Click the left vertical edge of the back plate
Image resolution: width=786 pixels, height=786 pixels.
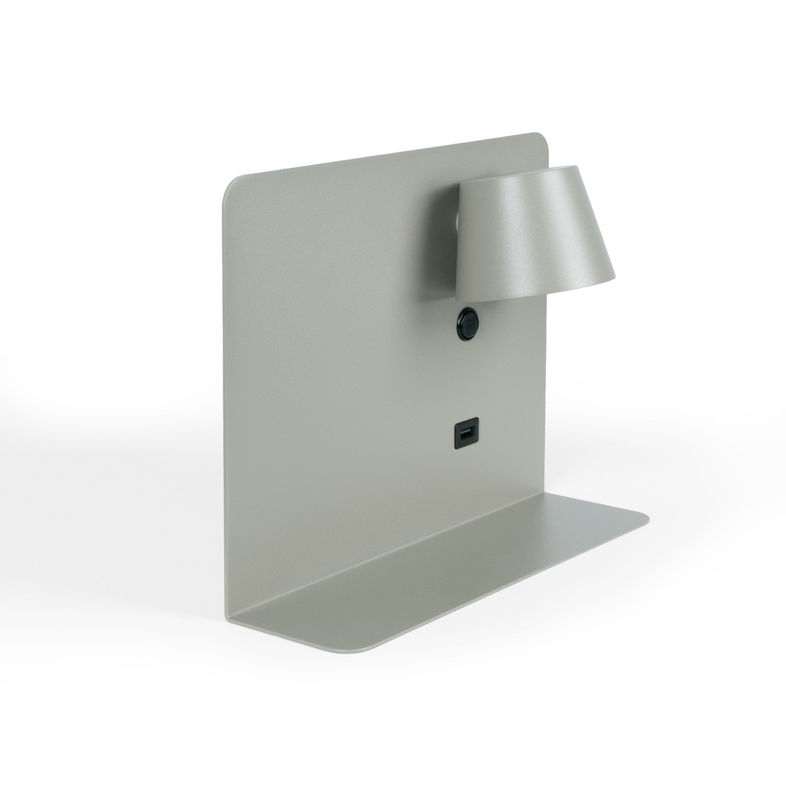coord(223,407)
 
